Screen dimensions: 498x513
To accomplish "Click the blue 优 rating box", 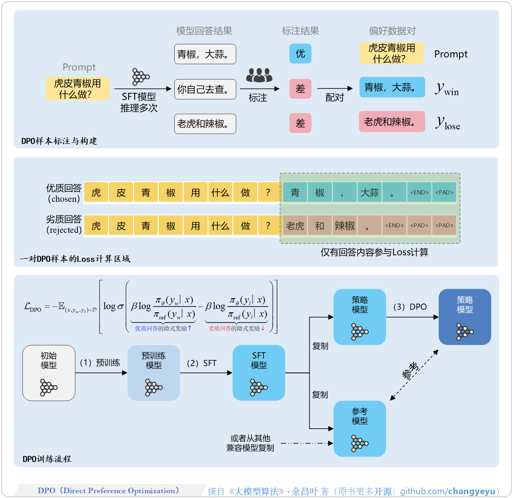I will (300, 53).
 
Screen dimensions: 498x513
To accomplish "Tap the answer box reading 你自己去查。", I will (205, 89).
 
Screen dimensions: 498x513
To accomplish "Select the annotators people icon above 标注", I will (259, 75).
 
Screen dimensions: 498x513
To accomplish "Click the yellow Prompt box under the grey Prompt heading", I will (77, 89).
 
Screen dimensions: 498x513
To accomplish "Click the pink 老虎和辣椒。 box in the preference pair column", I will (392, 122).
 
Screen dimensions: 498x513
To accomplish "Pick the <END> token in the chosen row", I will (419, 192).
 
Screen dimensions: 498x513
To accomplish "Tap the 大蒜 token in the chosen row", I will (369, 192).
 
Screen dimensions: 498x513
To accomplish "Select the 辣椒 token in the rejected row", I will (344, 226).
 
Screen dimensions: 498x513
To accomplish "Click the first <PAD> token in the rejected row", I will (419, 226).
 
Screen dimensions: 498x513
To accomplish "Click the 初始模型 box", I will (49, 373).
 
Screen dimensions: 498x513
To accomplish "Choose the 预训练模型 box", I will (154, 373).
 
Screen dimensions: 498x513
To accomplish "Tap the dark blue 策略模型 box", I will (465, 317).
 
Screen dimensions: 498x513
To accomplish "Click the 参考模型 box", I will (360, 429).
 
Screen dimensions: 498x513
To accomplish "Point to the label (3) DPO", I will (410, 307).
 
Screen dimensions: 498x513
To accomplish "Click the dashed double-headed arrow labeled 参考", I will (414, 375).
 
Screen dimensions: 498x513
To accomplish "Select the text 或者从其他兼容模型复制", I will (250, 443).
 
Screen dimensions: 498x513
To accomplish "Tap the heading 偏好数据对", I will (392, 31).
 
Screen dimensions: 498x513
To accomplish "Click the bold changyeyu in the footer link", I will (472, 491).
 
